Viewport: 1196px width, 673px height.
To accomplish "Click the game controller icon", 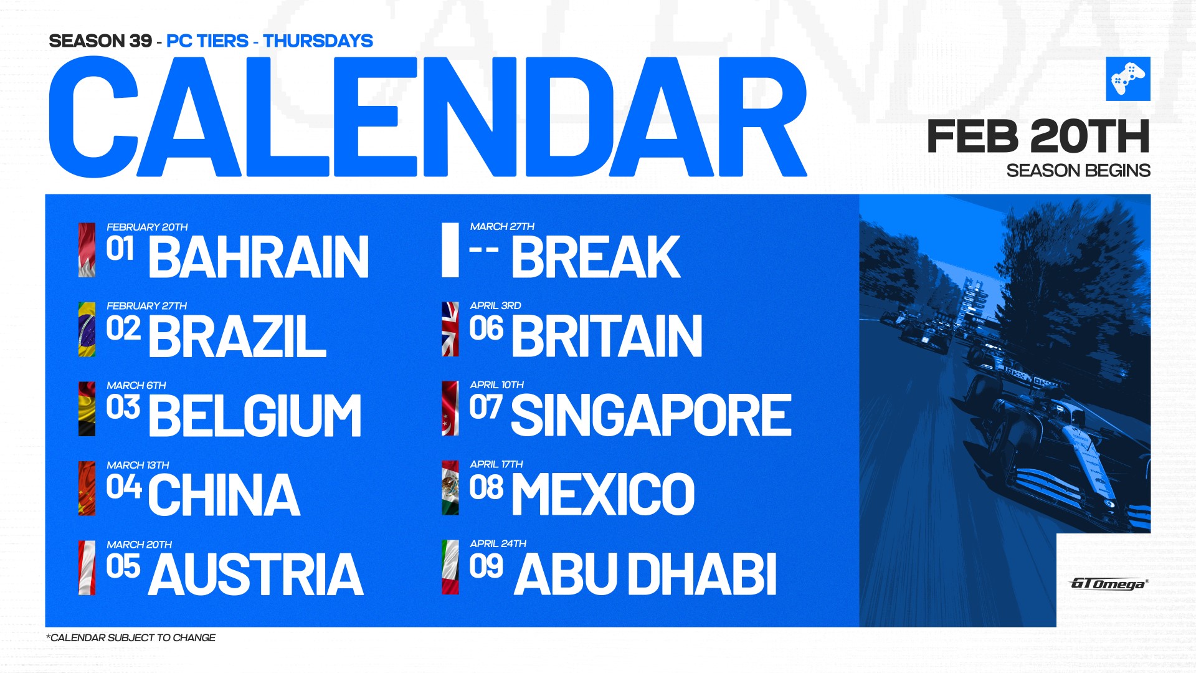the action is pyautogui.click(x=1128, y=79).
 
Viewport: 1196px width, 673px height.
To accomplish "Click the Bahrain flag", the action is pyautogui.click(x=87, y=250).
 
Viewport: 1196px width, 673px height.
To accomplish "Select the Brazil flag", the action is pyautogui.click(x=87, y=330).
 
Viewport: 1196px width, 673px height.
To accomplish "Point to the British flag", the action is pyautogui.click(x=450, y=329).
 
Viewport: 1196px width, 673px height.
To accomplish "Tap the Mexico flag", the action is pyautogui.click(x=450, y=488).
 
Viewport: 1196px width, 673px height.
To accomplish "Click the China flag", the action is pyautogui.click(x=87, y=489).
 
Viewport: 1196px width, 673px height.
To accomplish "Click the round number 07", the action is pyautogui.click(x=486, y=407).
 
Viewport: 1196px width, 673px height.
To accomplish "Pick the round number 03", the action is pyautogui.click(x=123, y=408).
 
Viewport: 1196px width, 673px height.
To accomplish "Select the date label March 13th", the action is pyautogui.click(x=138, y=465).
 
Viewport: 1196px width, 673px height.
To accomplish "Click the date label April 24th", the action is pyautogui.click(x=498, y=544).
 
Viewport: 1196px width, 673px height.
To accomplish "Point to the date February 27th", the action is pyautogui.click(x=147, y=306).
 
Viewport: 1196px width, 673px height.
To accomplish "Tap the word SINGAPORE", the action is pyautogui.click(x=651, y=416).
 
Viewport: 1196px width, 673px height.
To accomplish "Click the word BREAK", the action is pyautogui.click(x=596, y=257).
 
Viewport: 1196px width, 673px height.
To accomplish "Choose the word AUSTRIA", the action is pyautogui.click(x=256, y=575).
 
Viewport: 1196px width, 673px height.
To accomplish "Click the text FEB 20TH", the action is pyautogui.click(x=1038, y=136).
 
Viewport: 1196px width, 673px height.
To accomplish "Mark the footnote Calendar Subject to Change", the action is pyautogui.click(x=131, y=637).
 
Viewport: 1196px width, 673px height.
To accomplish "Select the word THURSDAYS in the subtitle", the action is pyautogui.click(x=318, y=41).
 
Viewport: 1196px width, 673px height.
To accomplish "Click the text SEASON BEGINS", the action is pyautogui.click(x=1078, y=171).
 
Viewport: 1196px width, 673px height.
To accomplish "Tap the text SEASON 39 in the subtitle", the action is pyautogui.click(x=100, y=41).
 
